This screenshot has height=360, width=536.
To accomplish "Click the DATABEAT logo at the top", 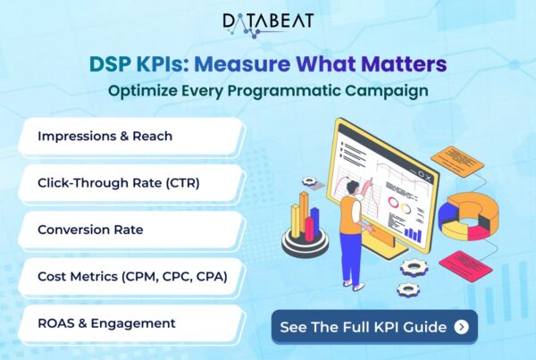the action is pos(268,25).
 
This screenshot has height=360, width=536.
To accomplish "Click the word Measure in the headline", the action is pos(242,64).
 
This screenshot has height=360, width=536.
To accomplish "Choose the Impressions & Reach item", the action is pos(131,137).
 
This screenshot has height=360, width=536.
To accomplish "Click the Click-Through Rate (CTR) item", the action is pos(131,184).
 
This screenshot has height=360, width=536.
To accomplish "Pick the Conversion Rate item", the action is pos(131,230).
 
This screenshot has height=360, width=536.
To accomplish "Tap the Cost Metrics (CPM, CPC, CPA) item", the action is pos(131,277).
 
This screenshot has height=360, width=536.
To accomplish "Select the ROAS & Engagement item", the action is pos(131,323).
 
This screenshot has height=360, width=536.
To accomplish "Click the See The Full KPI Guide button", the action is pos(374,327).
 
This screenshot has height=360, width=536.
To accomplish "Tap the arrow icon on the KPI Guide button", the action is pos(462,327).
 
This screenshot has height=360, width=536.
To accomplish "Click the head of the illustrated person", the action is pos(352,188).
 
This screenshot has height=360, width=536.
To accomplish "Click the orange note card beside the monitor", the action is pos(457,162).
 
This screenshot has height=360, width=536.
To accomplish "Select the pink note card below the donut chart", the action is pos(465,266).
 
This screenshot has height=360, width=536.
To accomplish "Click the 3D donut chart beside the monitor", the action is pos(468,216).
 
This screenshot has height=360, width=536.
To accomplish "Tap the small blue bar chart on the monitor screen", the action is pos(413,234).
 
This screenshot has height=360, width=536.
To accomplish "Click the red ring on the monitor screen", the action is pos(393,203).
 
